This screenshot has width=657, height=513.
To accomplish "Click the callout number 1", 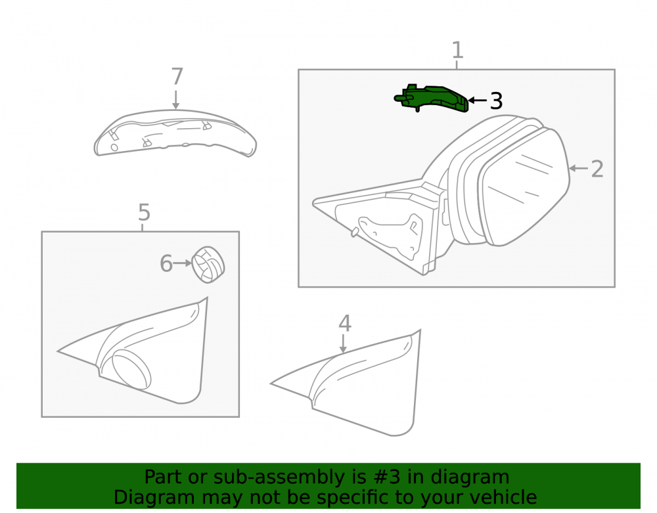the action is coord(457,50).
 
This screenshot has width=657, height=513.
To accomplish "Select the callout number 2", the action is coord(597,169).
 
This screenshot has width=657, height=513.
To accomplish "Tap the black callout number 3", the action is coord(496,101).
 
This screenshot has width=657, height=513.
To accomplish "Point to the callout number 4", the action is coord(345,323).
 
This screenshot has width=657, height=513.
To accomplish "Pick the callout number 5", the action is coord(144,212).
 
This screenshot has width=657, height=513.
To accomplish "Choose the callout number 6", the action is coord(166,263).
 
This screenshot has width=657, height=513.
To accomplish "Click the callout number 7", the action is coord(177,77).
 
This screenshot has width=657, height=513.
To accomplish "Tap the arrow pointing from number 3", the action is coord(477,100).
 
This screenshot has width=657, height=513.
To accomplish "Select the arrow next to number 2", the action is coord(579,169).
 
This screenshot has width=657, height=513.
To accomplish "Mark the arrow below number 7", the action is coord(176,100).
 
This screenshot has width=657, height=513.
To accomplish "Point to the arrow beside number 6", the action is coord(183,263).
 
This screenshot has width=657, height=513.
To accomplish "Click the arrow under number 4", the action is coord(344,344).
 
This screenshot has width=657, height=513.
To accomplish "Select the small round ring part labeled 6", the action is coord(208,265).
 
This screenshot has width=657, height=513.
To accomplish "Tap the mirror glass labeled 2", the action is coord(524,187).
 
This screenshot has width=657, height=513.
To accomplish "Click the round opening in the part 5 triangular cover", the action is coord(131,369).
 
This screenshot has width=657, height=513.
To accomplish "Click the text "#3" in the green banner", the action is coord(387,477).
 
